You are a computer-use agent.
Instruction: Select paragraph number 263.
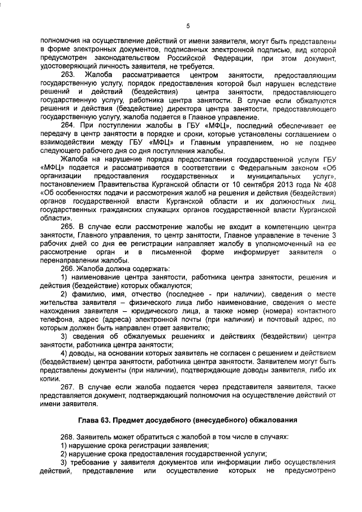[67, 75]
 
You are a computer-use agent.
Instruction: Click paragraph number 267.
[67, 388]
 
